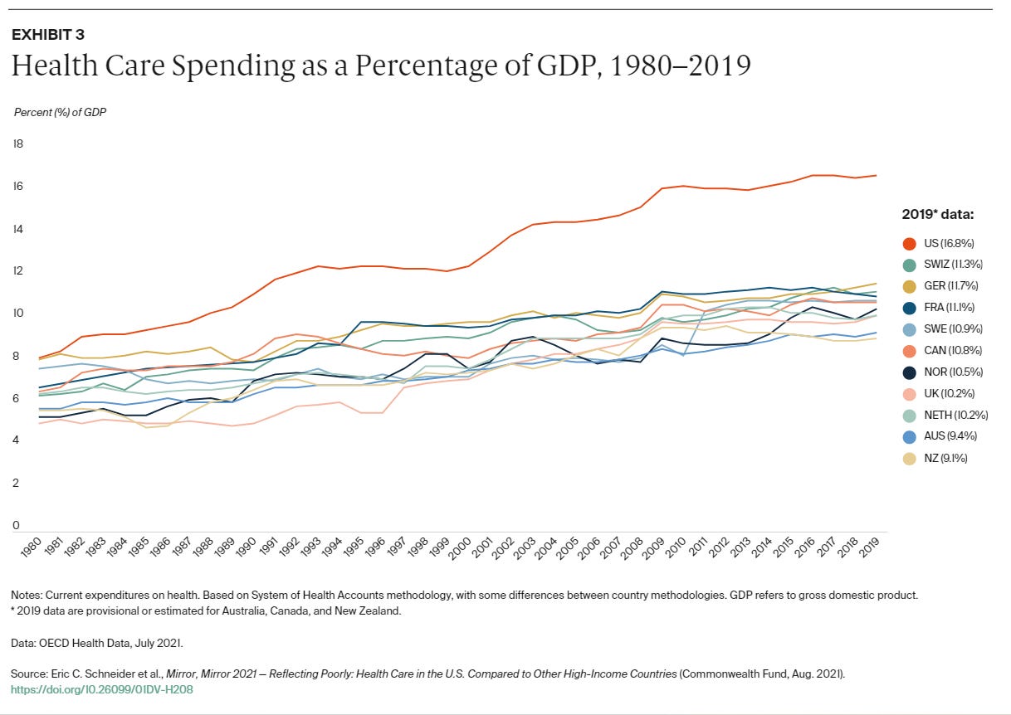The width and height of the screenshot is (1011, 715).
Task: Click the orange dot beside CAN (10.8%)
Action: click(910, 350)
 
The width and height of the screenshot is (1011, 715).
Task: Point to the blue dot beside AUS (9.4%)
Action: click(910, 436)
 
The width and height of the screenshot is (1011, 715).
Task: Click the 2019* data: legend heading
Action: click(937, 214)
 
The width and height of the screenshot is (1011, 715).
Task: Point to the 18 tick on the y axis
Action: click(17, 143)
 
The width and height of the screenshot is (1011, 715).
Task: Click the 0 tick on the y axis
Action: click(16, 525)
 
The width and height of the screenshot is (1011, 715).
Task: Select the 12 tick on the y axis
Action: click(17, 270)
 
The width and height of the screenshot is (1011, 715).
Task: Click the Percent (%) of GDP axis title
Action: click(60, 110)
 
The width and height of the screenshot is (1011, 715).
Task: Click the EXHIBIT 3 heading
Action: click(47, 35)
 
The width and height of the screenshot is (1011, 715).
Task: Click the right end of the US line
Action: click(877, 175)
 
